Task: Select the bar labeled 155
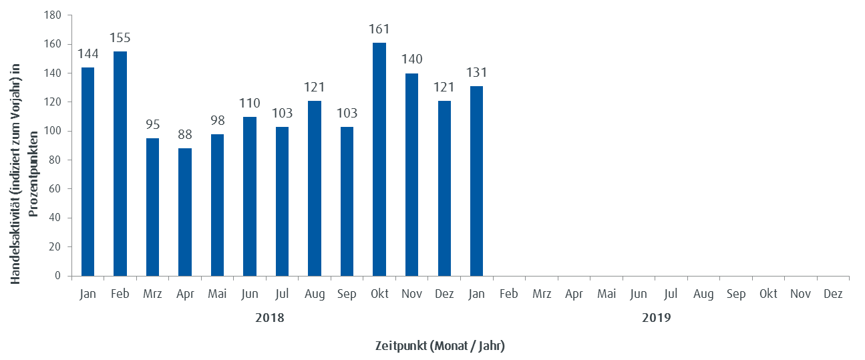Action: (120, 164)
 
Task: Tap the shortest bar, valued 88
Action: (185, 212)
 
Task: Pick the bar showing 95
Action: (152, 207)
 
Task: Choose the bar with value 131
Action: (476, 181)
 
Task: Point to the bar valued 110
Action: (250, 196)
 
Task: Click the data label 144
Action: (88, 54)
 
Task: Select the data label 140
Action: (411, 59)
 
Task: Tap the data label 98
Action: (217, 121)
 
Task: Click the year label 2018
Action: (269, 318)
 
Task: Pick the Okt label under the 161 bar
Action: (379, 294)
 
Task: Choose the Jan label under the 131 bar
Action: (476, 294)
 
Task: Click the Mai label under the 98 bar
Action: (217, 294)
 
